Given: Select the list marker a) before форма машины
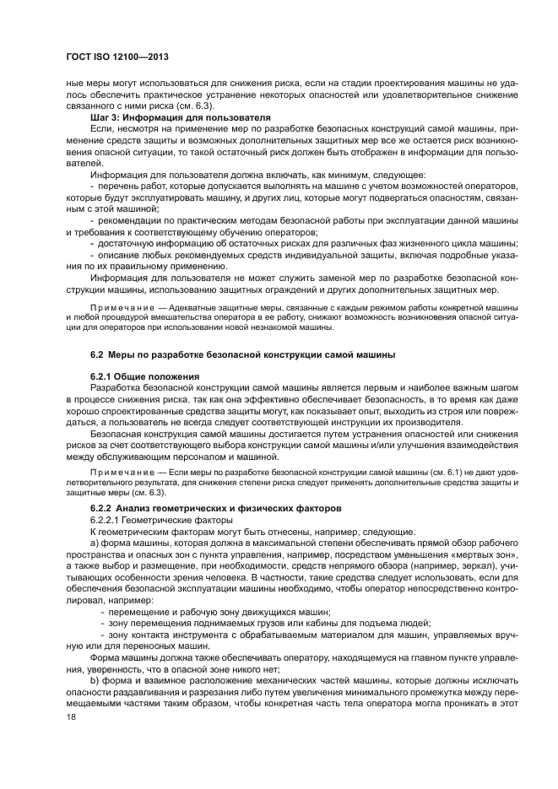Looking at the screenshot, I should pos(95,544).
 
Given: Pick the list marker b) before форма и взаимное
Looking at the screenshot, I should pos(95,678).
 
